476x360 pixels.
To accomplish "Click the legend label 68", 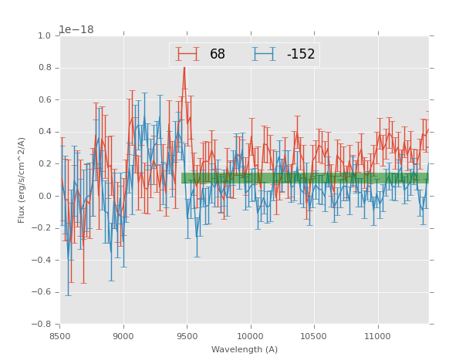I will click(x=218, y=55).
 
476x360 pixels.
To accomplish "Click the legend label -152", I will click(x=301, y=55).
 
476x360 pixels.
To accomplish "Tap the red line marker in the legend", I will click(x=187, y=55).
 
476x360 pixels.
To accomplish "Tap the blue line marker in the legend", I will click(x=264, y=55).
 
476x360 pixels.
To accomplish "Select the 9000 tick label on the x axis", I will click(x=123, y=335).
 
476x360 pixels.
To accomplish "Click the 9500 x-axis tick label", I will click(x=187, y=335).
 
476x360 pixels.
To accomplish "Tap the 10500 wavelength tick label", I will click(x=314, y=335).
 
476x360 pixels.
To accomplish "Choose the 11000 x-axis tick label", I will click(x=377, y=335).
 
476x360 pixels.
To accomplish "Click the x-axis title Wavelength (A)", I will click(x=245, y=350).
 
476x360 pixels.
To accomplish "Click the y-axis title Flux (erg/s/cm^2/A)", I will click(x=22, y=180).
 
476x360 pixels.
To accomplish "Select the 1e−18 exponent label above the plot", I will click(x=76, y=30).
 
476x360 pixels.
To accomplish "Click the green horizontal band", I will click(x=305, y=178).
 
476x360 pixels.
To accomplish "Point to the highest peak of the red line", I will click(x=184, y=68).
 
